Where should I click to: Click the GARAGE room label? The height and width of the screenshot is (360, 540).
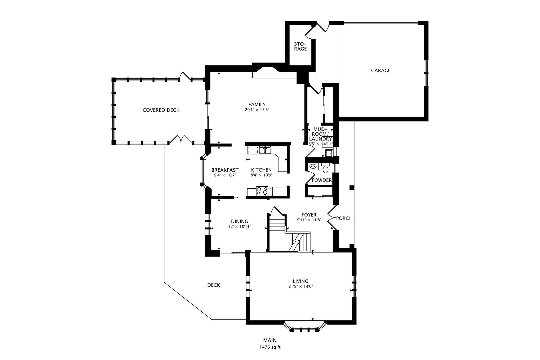tap(381, 70)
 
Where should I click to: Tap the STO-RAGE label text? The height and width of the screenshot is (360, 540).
tap(300, 46)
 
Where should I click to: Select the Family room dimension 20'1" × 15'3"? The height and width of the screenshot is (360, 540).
tap(257, 110)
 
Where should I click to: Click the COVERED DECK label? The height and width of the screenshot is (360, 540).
tap(161, 110)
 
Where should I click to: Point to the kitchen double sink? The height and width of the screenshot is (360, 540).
tap(265, 150)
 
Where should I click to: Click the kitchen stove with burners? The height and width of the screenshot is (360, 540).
tap(262, 191)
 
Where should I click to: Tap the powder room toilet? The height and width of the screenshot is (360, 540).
tap(326, 169)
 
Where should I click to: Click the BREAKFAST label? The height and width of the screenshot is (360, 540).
tap(225, 170)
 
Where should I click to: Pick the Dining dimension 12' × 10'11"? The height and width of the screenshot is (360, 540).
tap(239, 227)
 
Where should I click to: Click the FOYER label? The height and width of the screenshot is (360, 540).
tap(309, 215)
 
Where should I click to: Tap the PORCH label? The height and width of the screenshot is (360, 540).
tap(344, 218)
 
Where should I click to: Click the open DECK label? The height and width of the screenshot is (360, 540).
tap(213, 285)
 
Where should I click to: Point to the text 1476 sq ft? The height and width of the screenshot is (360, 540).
tap(270, 347)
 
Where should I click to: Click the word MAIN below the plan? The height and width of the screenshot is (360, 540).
tap(270, 340)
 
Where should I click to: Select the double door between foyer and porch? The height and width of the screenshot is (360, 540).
tap(332, 218)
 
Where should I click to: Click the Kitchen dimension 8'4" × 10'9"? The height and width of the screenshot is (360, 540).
tap(261, 175)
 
